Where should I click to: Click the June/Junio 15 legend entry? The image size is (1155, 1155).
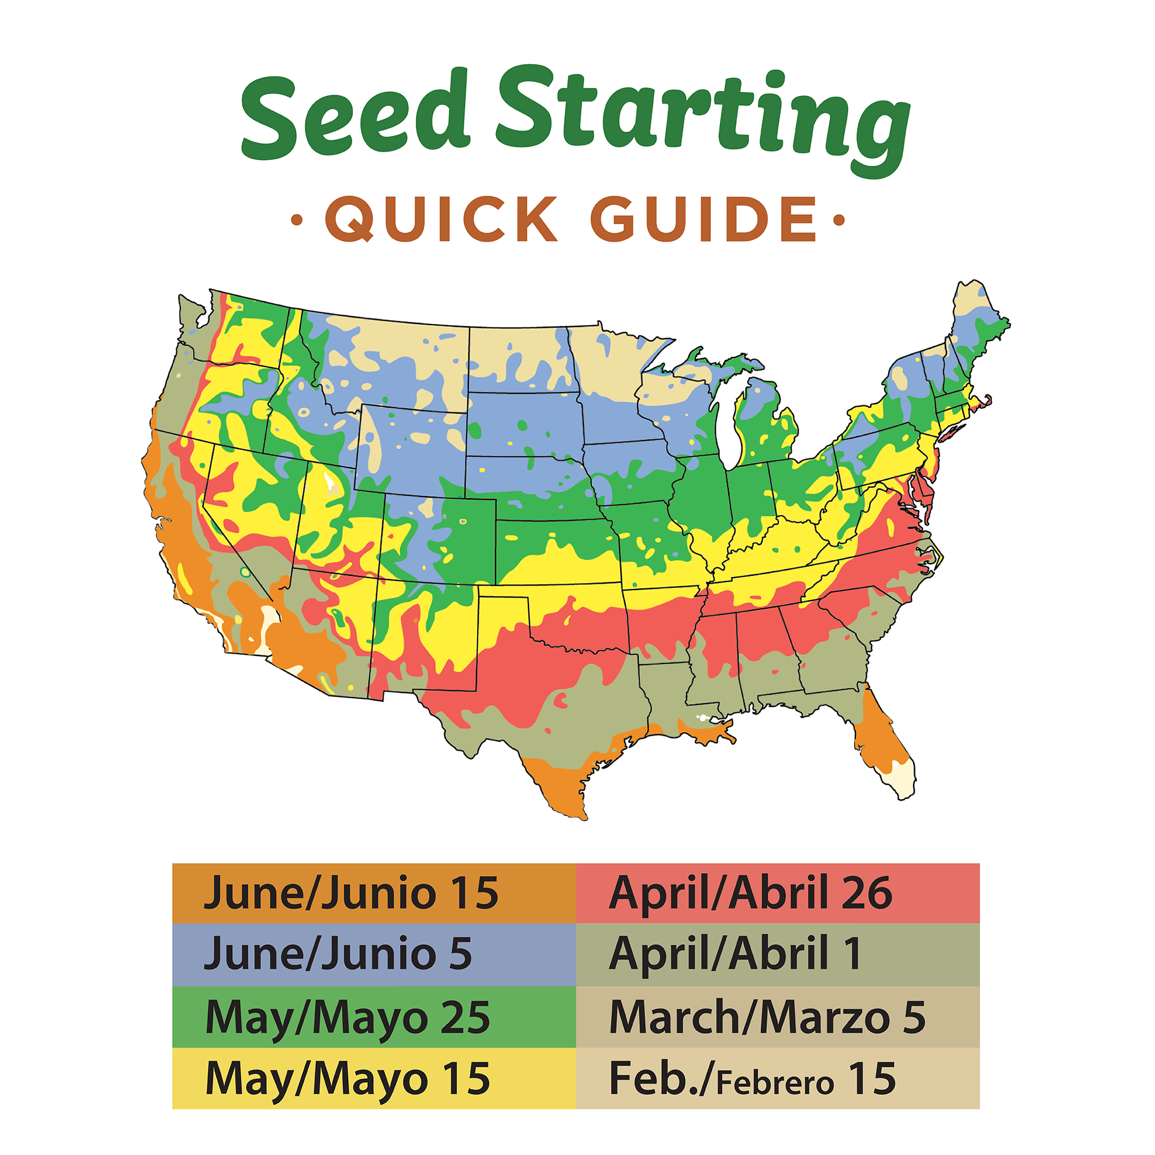[374, 893]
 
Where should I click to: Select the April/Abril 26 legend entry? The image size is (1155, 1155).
[777, 893]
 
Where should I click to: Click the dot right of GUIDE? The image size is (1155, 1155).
[839, 220]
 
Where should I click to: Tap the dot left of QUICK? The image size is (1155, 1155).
[296, 220]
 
